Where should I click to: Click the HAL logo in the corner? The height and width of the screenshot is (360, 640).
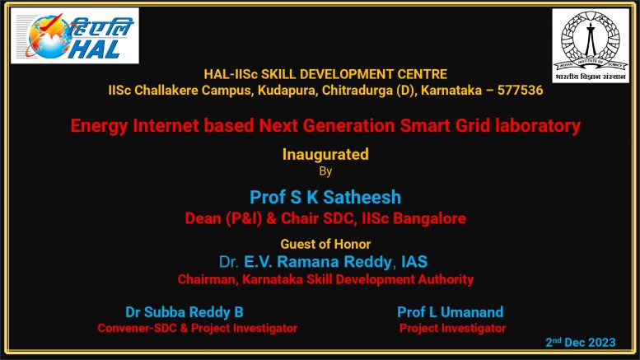tap(75, 35)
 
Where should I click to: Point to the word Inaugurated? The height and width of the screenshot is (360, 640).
tap(325, 154)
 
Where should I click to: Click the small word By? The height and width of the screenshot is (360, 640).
tap(325, 171)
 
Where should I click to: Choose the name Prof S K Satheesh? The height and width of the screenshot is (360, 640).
tap(325, 198)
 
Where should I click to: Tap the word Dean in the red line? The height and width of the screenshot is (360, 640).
tap(203, 219)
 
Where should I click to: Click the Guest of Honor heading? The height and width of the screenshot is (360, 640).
tap(325, 244)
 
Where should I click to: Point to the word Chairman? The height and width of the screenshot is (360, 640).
tap(208, 280)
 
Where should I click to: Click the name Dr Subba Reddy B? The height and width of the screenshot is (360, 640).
tap(185, 312)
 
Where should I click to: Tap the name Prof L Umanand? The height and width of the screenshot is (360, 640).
tap(451, 312)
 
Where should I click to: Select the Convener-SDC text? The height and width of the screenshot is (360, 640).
tap(134, 328)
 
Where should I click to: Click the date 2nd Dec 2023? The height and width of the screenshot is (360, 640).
tap(581, 343)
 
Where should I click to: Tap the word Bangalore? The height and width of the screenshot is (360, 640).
tap(431, 219)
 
